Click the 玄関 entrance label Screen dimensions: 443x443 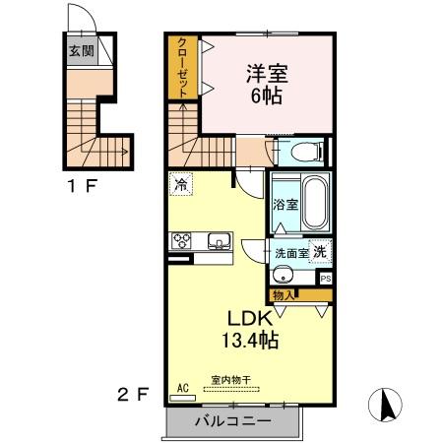click(x=81, y=50)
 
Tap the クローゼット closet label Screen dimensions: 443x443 click(x=183, y=66)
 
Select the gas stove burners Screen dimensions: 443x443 click(x=183, y=240)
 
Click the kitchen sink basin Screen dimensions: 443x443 click(x=218, y=240)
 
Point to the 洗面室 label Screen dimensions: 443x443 click(x=291, y=253)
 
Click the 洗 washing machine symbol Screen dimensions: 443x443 click(x=320, y=251)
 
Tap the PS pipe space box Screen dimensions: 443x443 click(x=325, y=279)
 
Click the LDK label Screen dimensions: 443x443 click(x=251, y=321)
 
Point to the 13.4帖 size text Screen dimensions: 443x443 click(x=251, y=342)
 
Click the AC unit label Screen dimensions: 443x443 click(x=181, y=388)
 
